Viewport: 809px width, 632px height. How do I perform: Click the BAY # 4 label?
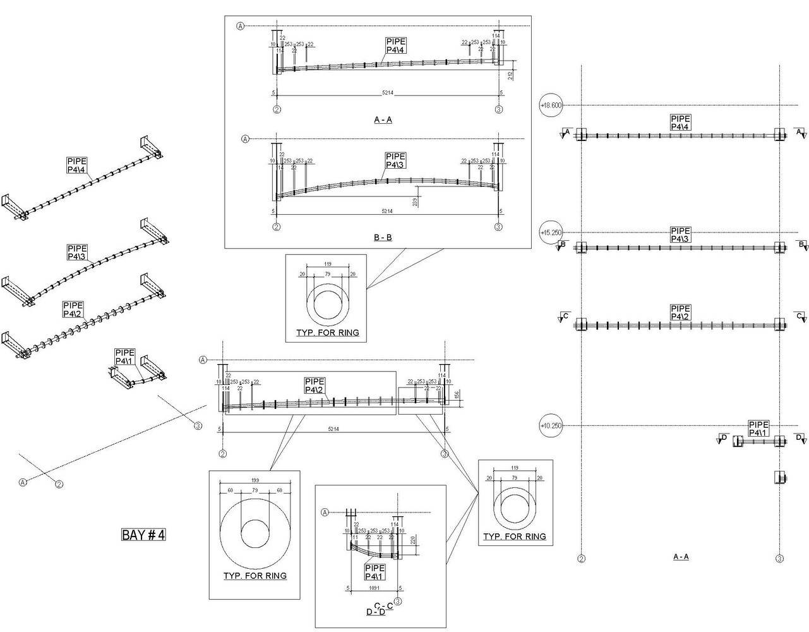click(x=143, y=535)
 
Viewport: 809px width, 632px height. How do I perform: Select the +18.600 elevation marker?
click(x=551, y=105)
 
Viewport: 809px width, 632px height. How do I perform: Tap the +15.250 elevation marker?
click(x=551, y=233)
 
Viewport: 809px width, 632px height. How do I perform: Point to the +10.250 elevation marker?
click(x=551, y=425)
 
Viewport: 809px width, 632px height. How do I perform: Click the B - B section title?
click(x=383, y=238)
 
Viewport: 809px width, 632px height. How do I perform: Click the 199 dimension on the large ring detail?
click(x=255, y=480)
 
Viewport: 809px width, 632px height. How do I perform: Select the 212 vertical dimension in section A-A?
click(x=510, y=75)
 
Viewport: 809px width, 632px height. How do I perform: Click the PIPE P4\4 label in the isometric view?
click(x=77, y=165)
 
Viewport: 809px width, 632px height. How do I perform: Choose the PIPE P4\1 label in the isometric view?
click(x=124, y=357)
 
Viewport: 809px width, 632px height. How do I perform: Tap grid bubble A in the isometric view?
click(x=23, y=482)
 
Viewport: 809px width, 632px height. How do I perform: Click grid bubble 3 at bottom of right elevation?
click(x=780, y=559)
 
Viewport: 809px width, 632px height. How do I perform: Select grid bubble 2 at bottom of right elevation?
click(x=582, y=559)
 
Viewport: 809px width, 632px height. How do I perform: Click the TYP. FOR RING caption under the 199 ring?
click(x=255, y=576)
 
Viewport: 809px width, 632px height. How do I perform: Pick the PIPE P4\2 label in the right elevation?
click(x=681, y=312)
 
